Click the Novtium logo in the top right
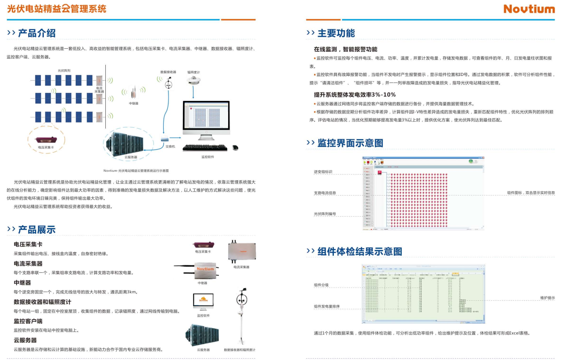529,9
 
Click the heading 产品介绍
37,33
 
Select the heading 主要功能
336,33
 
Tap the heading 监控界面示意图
350,143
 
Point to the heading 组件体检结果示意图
360,251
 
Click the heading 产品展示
37,230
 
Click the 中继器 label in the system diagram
133,103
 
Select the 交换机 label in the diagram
170,146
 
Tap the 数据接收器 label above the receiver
168,72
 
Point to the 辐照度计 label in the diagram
193,72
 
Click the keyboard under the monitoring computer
205,148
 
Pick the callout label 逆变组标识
323,172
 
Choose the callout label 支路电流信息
325,193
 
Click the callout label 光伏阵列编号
325,214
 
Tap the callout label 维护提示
547,298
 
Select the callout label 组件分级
321,285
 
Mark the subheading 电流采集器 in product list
28,264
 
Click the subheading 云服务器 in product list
25,340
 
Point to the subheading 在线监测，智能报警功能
345,50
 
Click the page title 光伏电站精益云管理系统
57,8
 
